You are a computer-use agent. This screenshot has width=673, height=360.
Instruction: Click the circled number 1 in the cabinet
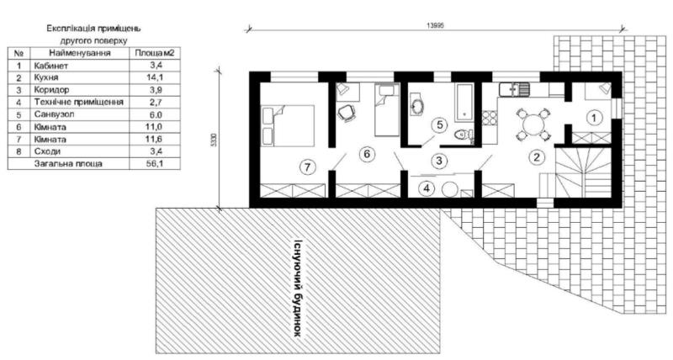tap(594, 117)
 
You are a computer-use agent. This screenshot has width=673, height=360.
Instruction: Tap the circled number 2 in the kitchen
tap(537, 156)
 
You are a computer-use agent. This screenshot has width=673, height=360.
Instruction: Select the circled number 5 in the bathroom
tap(439, 124)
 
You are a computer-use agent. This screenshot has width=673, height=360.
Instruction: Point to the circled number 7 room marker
tap(307, 167)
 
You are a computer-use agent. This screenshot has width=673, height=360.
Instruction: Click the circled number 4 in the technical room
tap(427, 188)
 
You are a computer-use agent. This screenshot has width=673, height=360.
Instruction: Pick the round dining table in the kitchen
tap(533, 124)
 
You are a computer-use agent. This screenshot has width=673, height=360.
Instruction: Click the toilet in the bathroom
tap(464, 135)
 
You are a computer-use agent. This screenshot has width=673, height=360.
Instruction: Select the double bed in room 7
tap(288, 126)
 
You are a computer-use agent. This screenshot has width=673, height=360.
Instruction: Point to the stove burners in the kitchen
tap(490, 119)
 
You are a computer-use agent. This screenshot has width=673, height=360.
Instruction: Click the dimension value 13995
tap(434, 25)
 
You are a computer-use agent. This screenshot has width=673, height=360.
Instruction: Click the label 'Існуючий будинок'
tap(297, 287)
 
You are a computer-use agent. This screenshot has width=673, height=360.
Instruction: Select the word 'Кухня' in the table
tap(46, 77)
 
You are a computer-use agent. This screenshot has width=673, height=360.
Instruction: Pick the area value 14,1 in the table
tap(155, 77)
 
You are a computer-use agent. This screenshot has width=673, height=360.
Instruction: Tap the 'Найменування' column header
tap(80, 53)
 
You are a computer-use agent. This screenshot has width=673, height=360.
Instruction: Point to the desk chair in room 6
tap(346, 113)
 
